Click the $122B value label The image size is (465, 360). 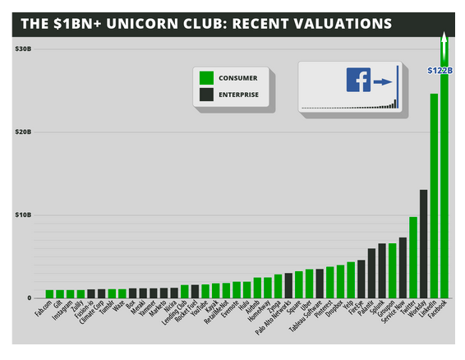(440, 70)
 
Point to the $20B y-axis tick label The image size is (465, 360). (23, 132)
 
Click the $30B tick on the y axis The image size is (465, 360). (23, 48)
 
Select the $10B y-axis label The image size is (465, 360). (23, 215)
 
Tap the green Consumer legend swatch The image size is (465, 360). (207, 78)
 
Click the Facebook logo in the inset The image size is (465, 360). (358, 81)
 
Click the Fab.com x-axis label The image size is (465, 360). (43, 312)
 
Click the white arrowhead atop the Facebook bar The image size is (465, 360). (444, 37)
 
